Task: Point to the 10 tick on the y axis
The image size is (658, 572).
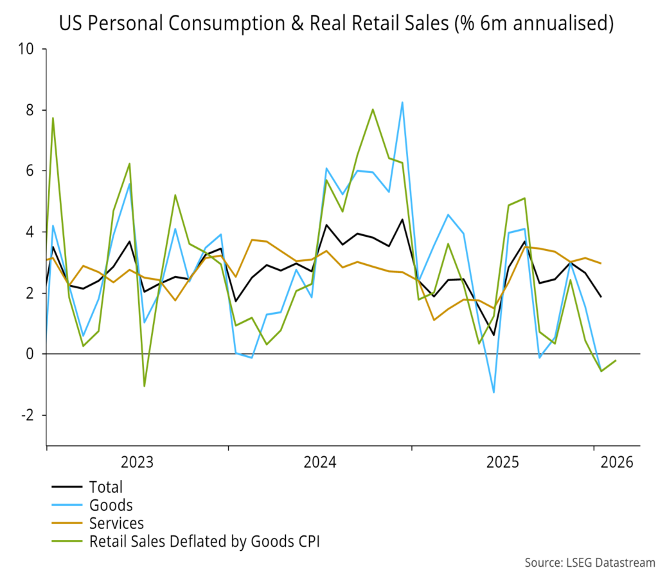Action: (28, 50)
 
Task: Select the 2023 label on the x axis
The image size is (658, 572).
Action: (137, 462)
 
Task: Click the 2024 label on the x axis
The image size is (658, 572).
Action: (320, 462)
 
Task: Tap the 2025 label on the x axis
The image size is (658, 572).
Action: (503, 462)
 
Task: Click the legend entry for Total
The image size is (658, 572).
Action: (106, 487)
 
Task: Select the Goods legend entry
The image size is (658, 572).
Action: (111, 505)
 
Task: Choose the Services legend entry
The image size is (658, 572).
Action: (116, 523)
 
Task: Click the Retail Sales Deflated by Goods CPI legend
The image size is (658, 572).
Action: (204, 541)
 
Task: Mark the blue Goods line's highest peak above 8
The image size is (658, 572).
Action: (402, 102)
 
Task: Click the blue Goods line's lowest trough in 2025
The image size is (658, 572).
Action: (493, 392)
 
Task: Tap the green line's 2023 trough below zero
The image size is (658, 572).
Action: (144, 386)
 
